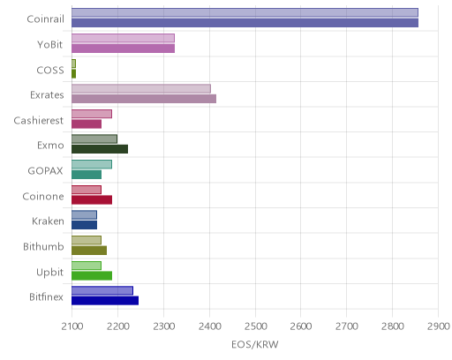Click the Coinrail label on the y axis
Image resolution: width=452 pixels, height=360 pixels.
(45, 19)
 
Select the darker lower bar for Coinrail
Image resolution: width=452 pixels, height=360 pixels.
(245, 23)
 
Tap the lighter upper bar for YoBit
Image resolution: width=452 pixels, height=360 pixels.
(123, 38)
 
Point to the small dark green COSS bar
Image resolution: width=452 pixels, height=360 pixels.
(73, 74)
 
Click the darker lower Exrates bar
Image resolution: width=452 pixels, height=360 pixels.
(144, 99)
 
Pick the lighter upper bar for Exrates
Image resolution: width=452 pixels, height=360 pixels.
(141, 89)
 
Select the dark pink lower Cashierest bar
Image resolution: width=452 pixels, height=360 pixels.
(87, 124)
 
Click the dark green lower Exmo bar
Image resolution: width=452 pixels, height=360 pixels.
(100, 149)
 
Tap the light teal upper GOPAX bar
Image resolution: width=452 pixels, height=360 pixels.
(92, 164)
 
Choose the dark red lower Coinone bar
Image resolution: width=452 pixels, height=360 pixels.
(92, 199)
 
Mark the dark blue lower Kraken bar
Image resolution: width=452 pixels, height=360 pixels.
(84, 225)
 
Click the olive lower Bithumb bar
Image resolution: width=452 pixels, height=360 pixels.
(89, 251)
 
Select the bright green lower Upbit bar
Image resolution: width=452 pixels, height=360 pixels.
(92, 275)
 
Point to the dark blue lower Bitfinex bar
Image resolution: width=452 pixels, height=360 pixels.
(105, 301)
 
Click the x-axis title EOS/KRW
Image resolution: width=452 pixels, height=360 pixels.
(255, 344)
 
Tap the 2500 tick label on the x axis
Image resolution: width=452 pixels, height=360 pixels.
(255, 326)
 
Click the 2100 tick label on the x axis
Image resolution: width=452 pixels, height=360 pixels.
(72, 326)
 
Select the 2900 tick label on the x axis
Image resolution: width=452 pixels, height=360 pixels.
(439, 326)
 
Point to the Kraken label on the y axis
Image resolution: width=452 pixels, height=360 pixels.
(48, 221)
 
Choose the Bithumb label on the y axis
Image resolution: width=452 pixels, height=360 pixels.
(43, 246)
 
